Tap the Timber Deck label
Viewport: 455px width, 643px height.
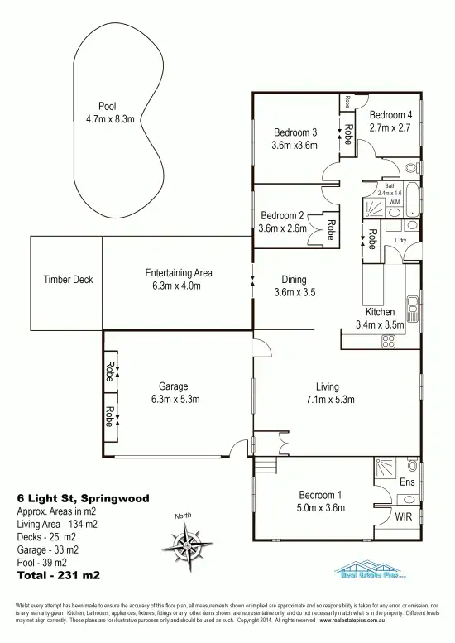tap(68, 280)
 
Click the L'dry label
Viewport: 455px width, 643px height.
tap(401, 241)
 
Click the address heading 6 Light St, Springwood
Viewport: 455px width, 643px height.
tap(83, 499)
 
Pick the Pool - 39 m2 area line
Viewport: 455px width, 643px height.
tap(47, 561)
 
